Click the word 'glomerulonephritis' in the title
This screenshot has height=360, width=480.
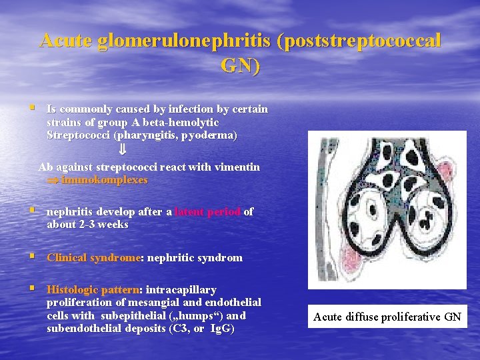click(x=183, y=41)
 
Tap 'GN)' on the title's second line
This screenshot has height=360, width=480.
click(x=241, y=66)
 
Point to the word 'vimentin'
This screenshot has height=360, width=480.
click(x=236, y=167)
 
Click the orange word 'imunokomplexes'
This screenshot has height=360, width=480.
click(x=104, y=180)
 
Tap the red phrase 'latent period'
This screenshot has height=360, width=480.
click(x=207, y=212)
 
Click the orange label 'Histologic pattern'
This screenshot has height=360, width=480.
click(x=93, y=290)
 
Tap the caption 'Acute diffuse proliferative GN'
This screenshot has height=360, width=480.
click(x=387, y=317)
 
